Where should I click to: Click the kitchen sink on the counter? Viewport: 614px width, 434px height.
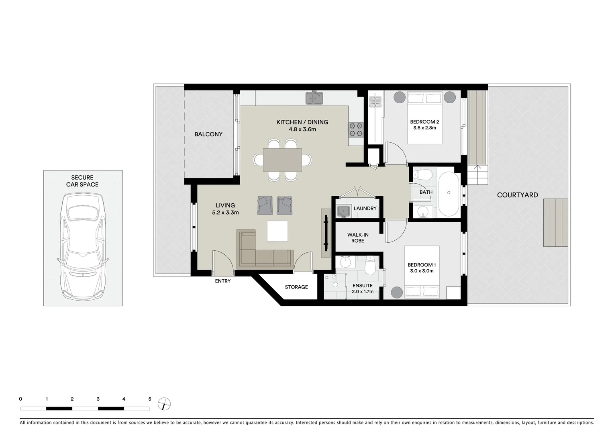(x=315, y=98)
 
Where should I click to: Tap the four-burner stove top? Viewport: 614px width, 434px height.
(x=355, y=129)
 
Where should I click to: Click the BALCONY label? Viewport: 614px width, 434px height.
(x=208, y=134)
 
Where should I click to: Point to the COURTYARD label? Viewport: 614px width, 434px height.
(x=517, y=195)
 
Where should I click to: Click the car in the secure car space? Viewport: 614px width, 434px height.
(x=83, y=245)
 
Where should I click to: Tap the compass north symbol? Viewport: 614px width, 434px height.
(x=164, y=404)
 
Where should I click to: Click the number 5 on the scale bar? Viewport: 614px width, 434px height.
(x=150, y=399)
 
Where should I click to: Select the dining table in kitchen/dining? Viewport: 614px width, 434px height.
(x=282, y=160)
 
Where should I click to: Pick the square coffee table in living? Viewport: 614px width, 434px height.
(x=277, y=231)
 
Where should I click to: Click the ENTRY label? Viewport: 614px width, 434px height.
(x=223, y=281)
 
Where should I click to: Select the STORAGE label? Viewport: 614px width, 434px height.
(x=296, y=287)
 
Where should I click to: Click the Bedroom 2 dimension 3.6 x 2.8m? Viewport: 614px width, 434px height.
(x=424, y=128)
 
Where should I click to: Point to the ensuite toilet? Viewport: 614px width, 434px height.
(x=369, y=265)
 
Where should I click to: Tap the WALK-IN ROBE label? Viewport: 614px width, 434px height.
(x=358, y=237)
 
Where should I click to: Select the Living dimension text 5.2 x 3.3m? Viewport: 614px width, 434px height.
(x=225, y=213)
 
